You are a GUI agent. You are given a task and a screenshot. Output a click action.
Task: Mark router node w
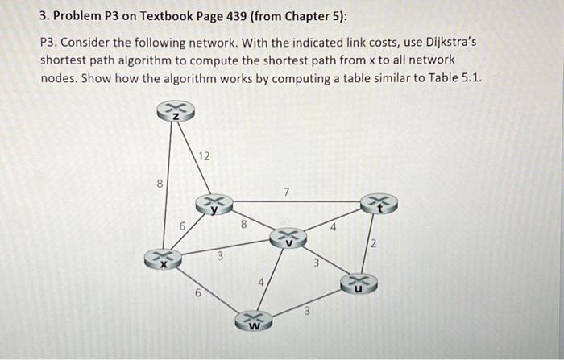[254, 321]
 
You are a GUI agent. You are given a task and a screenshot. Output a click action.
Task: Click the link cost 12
[205, 156]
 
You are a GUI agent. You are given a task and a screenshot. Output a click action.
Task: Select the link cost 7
[286, 191]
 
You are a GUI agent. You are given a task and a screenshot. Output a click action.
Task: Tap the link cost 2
[373, 243]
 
